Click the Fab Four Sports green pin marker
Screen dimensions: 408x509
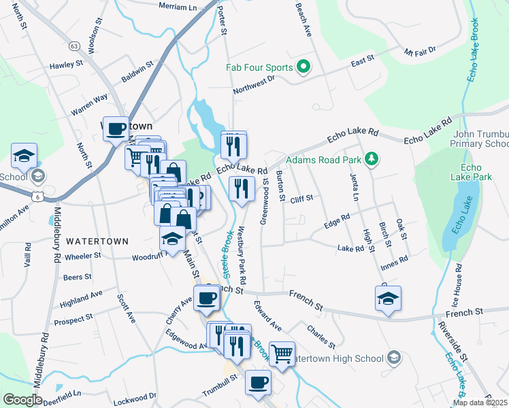click(x=304, y=67)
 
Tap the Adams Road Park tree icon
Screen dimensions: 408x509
click(x=371, y=160)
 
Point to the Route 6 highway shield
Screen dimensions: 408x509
click(x=35, y=197)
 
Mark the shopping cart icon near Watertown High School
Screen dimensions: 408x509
click(x=282, y=353)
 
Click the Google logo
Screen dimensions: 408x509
click(x=22, y=400)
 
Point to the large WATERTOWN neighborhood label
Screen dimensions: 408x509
click(x=93, y=241)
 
